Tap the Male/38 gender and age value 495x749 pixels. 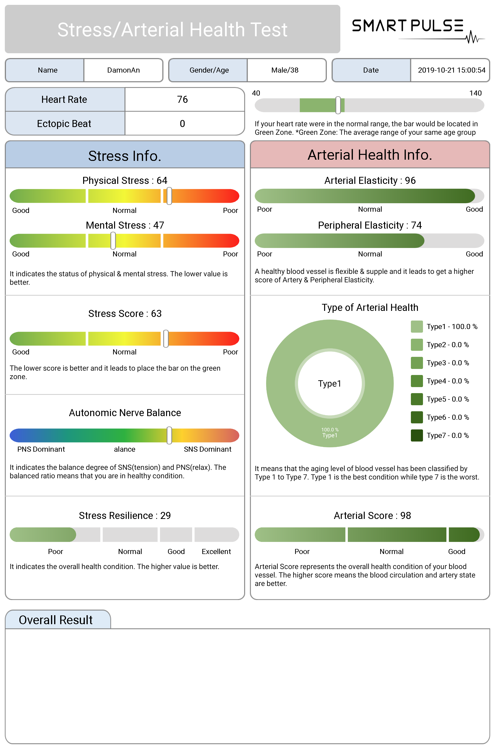tap(285, 70)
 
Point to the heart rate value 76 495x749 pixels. tap(182, 99)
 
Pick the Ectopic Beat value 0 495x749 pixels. tap(182, 124)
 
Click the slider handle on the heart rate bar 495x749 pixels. tap(338, 105)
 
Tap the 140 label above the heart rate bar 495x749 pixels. tap(475, 93)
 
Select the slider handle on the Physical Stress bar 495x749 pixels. tap(169, 196)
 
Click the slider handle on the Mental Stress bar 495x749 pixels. tap(113, 241)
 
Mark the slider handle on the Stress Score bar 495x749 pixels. tap(166, 339)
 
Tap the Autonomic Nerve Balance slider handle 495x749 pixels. tap(169, 435)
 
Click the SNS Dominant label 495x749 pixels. tap(207, 449)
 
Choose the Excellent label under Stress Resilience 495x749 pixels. tap(216, 552)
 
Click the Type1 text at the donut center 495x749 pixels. tap(330, 383)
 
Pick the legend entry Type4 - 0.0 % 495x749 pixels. tap(447, 381)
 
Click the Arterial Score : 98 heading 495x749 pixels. tap(372, 516)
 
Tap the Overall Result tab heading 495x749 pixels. tap(56, 620)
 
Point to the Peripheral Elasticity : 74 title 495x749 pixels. tap(370, 225)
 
